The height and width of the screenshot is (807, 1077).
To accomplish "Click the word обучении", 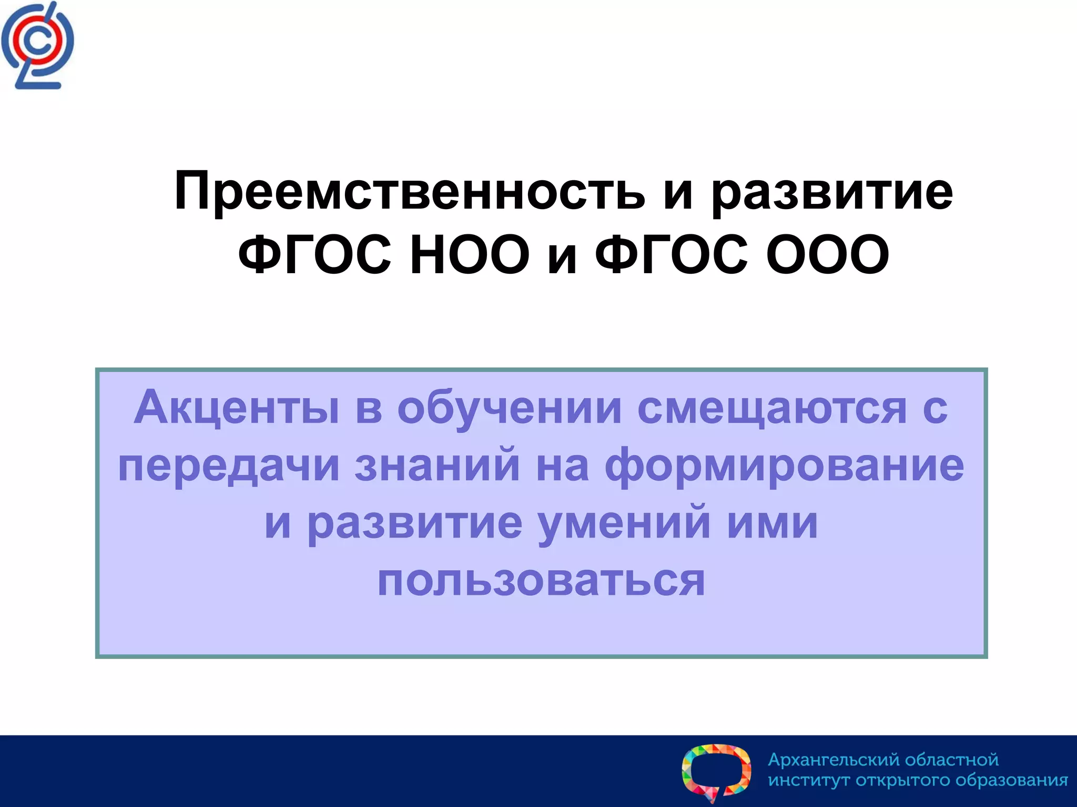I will click(509, 408).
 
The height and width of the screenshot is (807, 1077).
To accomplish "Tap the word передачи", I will click(229, 465).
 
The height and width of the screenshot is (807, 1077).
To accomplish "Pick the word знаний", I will click(438, 465).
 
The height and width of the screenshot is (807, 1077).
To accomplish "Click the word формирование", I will click(784, 465).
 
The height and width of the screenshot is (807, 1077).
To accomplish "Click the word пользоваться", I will click(541, 581).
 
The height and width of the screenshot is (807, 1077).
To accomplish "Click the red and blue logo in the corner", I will click(37, 46).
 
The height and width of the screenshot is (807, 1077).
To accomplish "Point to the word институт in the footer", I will click(809, 780).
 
